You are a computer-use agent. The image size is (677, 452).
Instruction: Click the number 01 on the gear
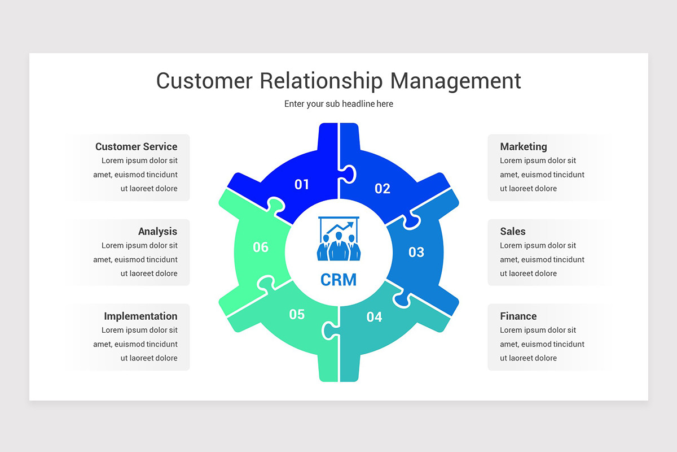302,184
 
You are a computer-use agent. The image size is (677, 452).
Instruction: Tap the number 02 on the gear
383,189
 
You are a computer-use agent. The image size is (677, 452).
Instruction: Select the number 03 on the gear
416,252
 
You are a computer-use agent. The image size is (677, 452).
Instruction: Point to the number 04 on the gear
374,317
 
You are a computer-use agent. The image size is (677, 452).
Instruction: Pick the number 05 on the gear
297,314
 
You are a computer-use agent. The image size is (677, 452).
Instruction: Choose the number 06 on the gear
261,247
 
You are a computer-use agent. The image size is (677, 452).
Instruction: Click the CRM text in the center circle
338,280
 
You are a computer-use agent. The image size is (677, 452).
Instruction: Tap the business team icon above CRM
338,240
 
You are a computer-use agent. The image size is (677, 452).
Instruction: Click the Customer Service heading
136,146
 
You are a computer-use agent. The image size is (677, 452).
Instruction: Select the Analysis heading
157,231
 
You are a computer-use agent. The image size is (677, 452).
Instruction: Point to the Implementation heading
140,316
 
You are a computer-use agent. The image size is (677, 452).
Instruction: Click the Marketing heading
524,146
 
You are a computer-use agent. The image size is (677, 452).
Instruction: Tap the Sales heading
512,231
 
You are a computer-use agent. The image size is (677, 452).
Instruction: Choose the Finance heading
518,316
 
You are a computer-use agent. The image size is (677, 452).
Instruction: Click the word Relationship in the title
322,81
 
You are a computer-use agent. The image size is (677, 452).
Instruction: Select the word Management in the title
455,81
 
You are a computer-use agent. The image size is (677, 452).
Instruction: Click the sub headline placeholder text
338,104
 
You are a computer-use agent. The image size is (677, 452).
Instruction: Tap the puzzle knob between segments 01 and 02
348,174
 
